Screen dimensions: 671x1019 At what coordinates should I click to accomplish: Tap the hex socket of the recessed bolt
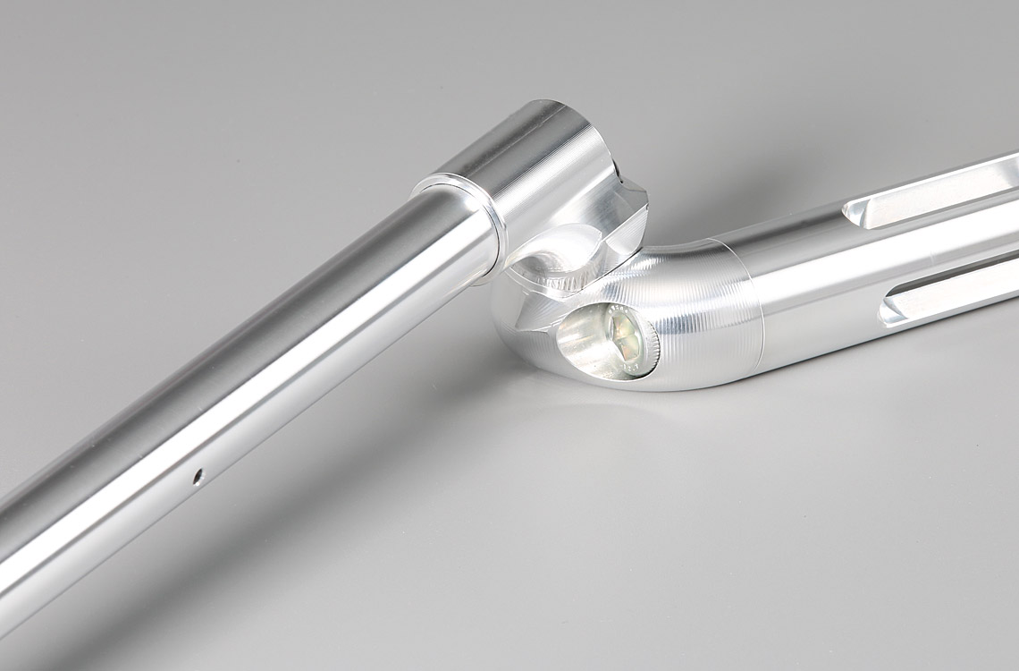tap(623, 338)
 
